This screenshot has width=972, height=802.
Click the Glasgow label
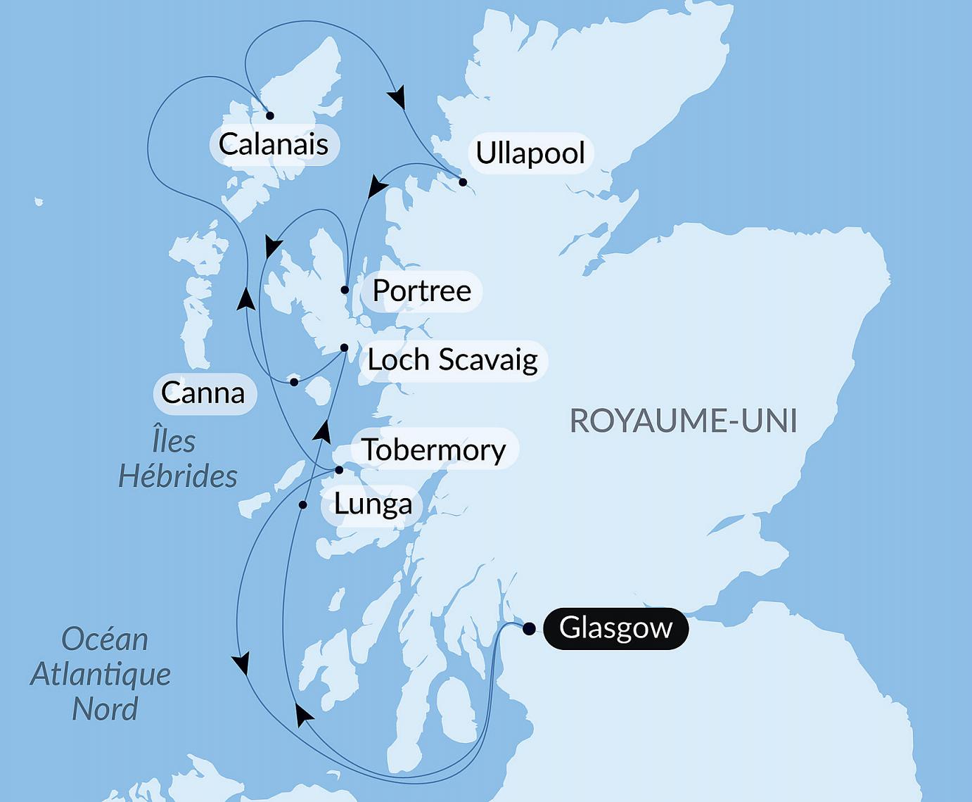[x=615, y=628]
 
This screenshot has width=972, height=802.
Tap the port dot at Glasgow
[x=528, y=628]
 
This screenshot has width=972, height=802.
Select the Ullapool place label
[x=530, y=153]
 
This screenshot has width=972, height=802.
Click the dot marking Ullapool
[x=463, y=182]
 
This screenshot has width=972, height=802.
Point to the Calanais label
[x=274, y=144]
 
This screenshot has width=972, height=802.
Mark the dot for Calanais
[x=269, y=115]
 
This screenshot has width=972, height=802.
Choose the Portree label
[x=421, y=291]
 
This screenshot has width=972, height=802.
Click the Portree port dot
[x=345, y=290]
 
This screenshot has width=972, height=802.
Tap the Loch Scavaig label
[x=452, y=359]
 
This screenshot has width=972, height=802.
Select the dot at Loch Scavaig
[x=344, y=348]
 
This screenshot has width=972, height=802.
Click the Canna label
[x=203, y=393]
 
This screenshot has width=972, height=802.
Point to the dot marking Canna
[x=294, y=382]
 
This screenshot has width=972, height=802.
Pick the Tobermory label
[x=433, y=450]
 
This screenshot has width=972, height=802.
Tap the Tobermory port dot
[x=338, y=470]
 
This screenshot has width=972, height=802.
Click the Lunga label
[x=373, y=504]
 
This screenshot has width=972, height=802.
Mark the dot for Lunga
[x=303, y=505]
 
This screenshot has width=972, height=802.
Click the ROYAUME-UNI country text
[x=683, y=421]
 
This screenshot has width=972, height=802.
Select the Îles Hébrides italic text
[x=177, y=459]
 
